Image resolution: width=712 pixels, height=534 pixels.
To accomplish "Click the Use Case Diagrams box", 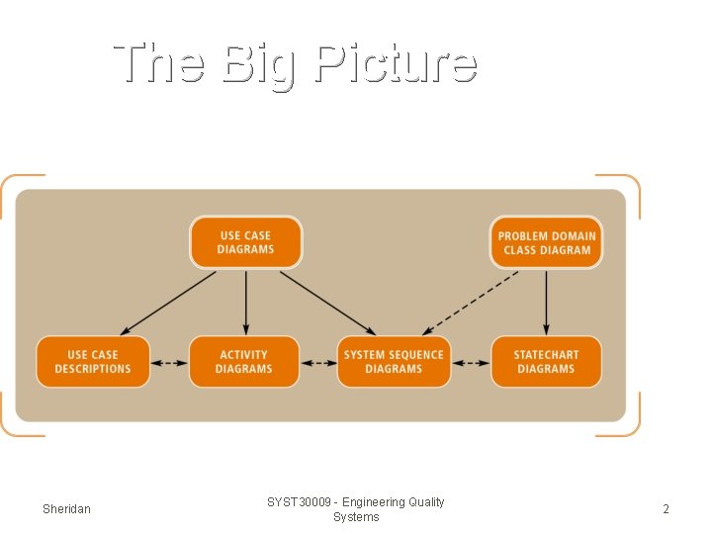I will click(x=245, y=242).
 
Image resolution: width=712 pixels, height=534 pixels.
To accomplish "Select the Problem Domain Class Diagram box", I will click(x=546, y=242).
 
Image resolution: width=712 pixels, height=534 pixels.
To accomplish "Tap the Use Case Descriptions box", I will click(x=93, y=361).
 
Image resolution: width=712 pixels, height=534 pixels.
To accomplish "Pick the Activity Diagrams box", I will click(x=244, y=361).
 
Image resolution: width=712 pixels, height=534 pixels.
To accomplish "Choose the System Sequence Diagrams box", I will click(x=394, y=361).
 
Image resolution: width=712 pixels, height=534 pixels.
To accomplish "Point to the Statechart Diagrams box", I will click(x=546, y=361).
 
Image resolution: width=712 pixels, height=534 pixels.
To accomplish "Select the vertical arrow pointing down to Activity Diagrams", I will click(x=246, y=302).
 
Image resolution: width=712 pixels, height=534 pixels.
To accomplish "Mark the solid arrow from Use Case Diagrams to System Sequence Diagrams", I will click(x=326, y=302).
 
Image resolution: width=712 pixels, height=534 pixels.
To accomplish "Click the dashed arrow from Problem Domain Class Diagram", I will click(x=470, y=302).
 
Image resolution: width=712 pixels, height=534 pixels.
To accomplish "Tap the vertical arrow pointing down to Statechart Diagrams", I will click(x=546, y=302).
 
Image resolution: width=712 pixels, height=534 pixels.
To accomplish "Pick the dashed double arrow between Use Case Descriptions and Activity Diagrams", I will click(x=169, y=363).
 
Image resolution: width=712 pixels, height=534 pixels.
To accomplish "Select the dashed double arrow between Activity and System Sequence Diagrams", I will click(x=318, y=363).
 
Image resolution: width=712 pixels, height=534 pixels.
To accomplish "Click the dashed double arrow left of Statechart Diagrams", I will click(x=471, y=363).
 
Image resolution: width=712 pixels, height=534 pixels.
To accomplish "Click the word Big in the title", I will click(x=258, y=64).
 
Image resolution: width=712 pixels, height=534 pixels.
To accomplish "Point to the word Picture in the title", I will click(x=396, y=64).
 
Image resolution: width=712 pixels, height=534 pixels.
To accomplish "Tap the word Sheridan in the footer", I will click(x=66, y=509).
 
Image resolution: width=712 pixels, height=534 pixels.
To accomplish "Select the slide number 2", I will click(x=666, y=509).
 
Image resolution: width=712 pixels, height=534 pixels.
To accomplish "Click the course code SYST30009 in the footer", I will click(x=299, y=502).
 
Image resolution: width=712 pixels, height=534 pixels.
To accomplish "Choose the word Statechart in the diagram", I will click(x=546, y=355).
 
